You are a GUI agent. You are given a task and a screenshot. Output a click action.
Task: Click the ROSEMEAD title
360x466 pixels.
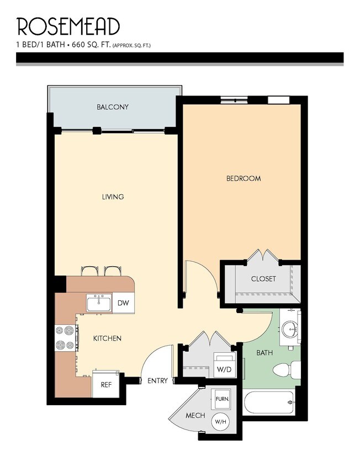pyautogui.click(x=68, y=27)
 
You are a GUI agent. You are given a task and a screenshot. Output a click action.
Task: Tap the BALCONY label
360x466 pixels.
pyautogui.click(x=112, y=107)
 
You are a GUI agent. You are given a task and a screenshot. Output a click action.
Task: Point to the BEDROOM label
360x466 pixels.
pyautogui.click(x=243, y=178)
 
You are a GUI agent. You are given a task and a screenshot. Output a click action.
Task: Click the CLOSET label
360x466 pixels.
pyautogui.click(x=263, y=279)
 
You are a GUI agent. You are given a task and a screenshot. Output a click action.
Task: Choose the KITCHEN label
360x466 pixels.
pyautogui.click(x=107, y=338)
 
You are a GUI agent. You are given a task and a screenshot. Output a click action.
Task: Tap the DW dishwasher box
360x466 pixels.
pyautogui.click(x=123, y=303)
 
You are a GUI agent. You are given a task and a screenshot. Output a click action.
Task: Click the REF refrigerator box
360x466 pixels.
pyautogui.click(x=105, y=384)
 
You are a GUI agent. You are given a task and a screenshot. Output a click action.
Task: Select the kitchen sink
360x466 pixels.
pyautogui.click(x=99, y=303)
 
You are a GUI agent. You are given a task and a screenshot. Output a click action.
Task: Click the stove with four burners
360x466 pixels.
pyautogui.click(x=65, y=338)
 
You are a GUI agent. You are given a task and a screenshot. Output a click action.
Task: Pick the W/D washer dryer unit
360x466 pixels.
pyautogui.click(x=223, y=368)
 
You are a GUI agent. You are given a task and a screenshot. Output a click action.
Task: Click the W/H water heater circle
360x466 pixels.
pyautogui.click(x=221, y=422)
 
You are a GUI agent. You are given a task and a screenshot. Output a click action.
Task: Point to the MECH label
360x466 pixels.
pyautogui.click(x=195, y=415)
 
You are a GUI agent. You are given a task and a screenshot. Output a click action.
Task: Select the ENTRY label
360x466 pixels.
pyautogui.click(x=157, y=380)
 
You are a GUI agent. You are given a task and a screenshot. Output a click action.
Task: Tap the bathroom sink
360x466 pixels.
pyautogui.click(x=289, y=330)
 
